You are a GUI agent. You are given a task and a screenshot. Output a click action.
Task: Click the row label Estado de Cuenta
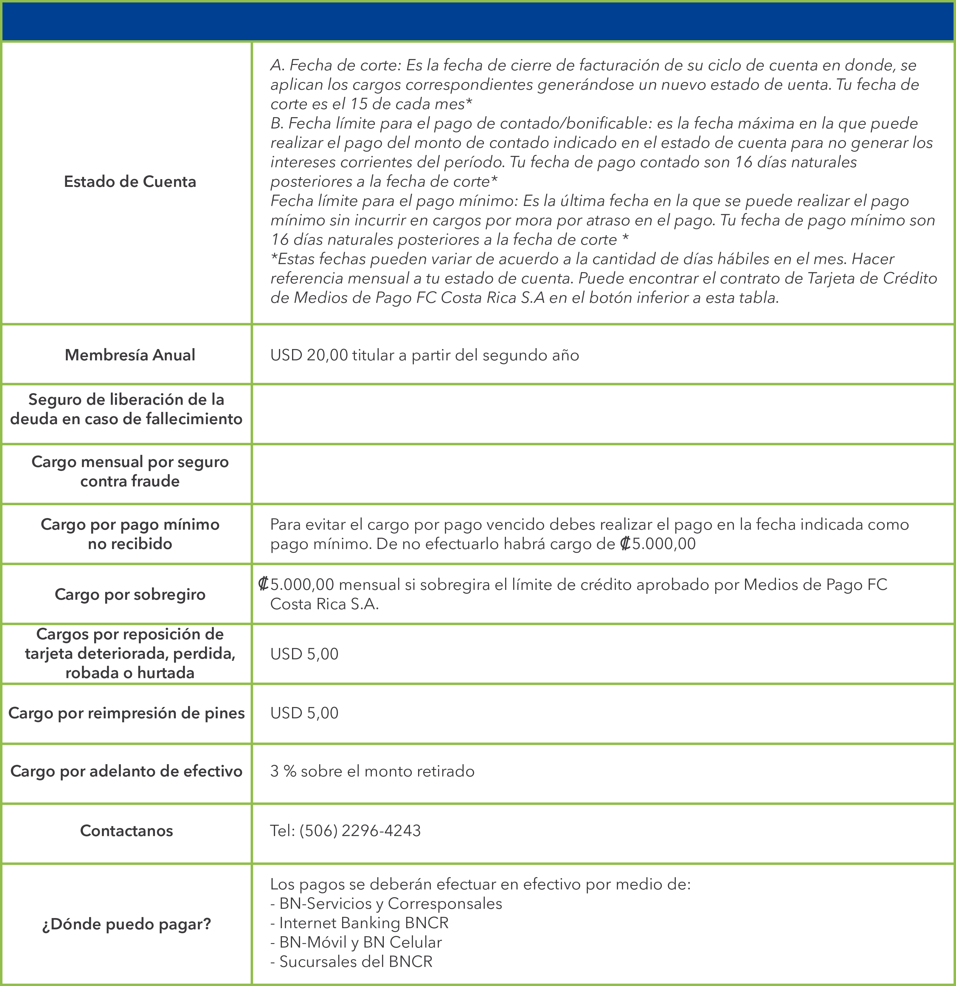[130, 182]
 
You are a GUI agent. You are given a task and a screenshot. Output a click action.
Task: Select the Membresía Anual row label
[130, 355]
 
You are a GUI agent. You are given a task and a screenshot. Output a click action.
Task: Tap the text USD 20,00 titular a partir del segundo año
[424, 356]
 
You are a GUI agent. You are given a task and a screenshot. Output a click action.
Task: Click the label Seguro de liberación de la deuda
[126, 409]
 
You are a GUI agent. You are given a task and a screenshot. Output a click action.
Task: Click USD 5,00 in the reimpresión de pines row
[304, 713]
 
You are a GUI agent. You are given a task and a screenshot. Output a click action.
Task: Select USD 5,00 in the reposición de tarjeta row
[304, 654]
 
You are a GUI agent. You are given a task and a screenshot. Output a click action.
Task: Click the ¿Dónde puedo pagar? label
[126, 924]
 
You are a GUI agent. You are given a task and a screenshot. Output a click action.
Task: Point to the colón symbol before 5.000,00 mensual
[263, 584]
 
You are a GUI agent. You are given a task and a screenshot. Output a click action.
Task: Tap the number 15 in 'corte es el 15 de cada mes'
[358, 104]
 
